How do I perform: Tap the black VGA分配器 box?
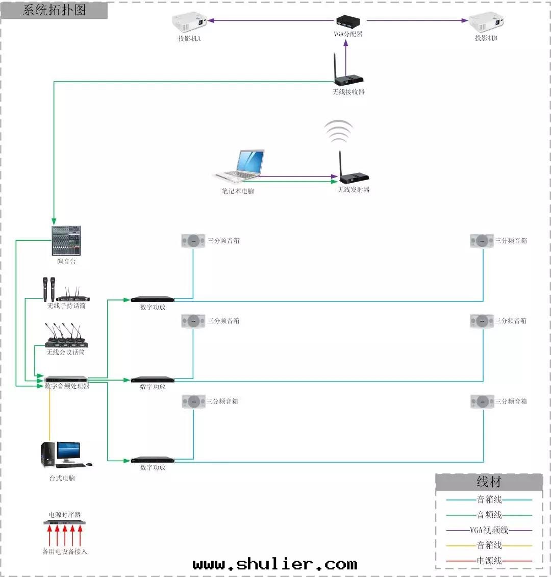click(348, 21)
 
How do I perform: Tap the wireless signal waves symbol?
click(338, 132)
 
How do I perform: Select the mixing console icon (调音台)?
click(66, 241)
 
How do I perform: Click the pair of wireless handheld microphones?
click(49, 289)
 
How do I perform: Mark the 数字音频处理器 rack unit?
click(66, 379)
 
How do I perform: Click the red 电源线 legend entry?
click(489, 561)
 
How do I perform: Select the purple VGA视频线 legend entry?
click(489, 530)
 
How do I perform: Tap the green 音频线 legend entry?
click(489, 515)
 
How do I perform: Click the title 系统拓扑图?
click(54, 10)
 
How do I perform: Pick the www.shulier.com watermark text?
click(275, 564)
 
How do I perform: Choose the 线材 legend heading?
click(489, 482)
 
